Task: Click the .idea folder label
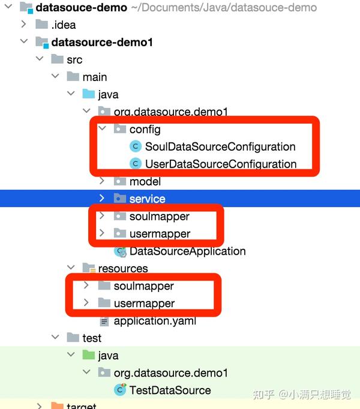(x=64, y=25)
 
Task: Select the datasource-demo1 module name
(x=102, y=42)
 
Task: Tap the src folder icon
(x=58, y=59)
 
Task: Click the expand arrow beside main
(x=55, y=76)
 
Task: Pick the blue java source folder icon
(x=89, y=94)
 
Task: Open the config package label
(x=145, y=130)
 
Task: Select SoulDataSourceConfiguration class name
(x=220, y=147)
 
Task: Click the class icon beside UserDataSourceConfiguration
(x=136, y=164)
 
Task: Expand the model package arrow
(x=102, y=181)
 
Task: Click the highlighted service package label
(x=147, y=199)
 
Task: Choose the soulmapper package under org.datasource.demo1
(x=159, y=216)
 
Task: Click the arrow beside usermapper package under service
(x=102, y=233)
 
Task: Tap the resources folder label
(x=123, y=268)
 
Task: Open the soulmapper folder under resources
(x=143, y=286)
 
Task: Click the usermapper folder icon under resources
(x=104, y=303)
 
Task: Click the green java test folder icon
(x=89, y=355)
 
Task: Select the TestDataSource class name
(x=170, y=390)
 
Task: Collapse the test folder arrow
(x=55, y=337)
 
